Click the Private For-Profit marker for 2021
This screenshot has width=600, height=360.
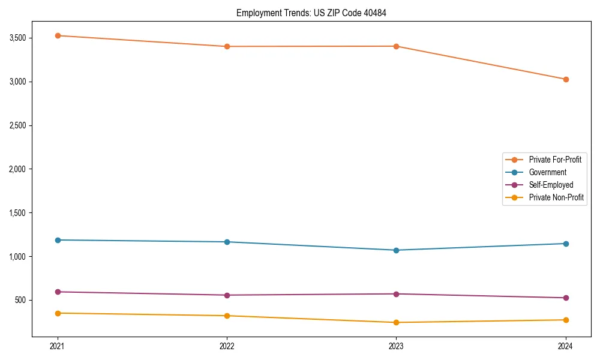tap(58, 35)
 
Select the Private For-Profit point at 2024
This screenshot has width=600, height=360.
tap(566, 79)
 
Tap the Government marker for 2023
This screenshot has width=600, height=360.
tap(397, 250)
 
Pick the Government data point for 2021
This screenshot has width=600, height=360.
tap(58, 240)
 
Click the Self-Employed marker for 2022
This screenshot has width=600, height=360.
tap(227, 295)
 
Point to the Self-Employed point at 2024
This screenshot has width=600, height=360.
tap(566, 298)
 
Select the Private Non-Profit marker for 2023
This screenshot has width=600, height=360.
tap(397, 322)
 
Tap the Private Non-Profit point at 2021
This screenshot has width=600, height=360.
tap(58, 313)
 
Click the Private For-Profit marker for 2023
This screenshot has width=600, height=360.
tap(397, 46)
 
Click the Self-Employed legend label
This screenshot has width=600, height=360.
tap(551, 185)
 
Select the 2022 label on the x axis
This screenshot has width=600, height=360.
tap(227, 346)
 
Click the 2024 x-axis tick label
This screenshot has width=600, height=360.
tap(566, 346)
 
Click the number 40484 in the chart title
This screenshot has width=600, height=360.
tap(367, 13)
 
